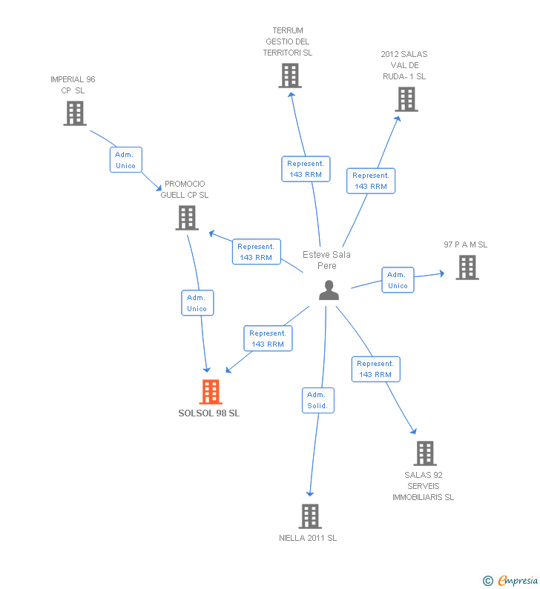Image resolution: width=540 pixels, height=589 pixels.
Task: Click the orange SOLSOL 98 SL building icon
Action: (211, 392)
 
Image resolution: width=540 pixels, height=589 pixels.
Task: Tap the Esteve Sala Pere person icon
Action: (329, 290)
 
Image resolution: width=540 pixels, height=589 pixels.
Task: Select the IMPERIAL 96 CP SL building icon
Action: (75, 113)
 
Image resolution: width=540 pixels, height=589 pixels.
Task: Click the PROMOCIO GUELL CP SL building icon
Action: (187, 218)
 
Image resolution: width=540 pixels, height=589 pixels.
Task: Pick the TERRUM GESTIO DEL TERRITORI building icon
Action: (290, 76)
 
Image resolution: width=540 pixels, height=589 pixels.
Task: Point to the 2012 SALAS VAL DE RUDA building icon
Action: (406, 99)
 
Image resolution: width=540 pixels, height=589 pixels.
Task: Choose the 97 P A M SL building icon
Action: (467, 267)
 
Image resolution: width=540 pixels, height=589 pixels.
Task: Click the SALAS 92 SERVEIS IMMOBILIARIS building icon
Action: (424, 453)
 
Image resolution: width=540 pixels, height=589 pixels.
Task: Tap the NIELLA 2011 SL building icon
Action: (309, 516)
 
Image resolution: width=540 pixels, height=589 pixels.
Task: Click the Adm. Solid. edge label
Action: (318, 400)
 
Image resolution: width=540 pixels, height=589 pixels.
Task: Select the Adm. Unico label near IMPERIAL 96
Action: (125, 160)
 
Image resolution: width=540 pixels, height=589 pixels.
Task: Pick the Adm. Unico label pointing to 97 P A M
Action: (398, 280)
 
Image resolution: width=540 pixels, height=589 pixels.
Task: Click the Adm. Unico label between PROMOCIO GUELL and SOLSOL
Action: (197, 303)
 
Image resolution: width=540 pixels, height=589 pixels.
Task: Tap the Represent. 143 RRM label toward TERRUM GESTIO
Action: (306, 169)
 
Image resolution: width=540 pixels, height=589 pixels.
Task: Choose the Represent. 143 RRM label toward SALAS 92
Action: (375, 369)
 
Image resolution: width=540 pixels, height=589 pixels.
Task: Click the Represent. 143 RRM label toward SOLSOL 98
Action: (268, 339)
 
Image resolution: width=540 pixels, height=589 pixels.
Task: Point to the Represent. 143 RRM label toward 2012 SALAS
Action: (371, 181)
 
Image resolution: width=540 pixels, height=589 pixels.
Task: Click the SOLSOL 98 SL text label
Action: (209, 413)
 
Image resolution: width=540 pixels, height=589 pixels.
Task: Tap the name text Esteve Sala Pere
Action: (327, 260)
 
